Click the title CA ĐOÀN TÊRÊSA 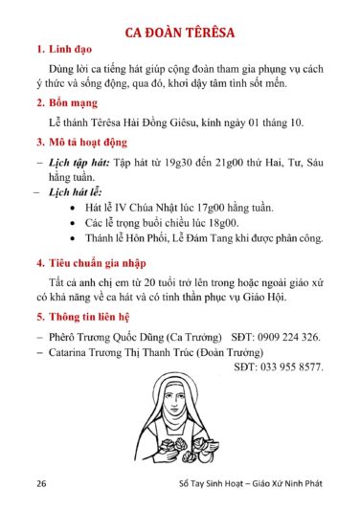click(181, 35)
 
